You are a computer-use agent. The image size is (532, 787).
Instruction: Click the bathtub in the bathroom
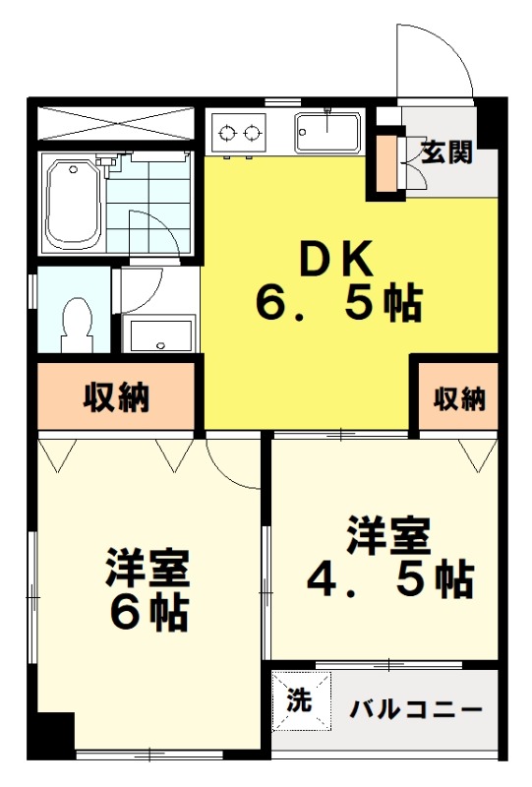[74, 205]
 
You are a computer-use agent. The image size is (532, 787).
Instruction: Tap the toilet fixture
[76, 325]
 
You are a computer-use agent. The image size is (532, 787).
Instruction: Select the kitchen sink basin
[327, 132]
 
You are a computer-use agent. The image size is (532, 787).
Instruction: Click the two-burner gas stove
[239, 133]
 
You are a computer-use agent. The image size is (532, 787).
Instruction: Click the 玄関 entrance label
[446, 151]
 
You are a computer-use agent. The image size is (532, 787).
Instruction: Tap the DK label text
[336, 259]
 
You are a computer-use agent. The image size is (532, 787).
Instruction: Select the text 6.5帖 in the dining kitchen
[339, 303]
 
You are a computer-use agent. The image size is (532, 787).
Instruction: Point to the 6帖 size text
[149, 613]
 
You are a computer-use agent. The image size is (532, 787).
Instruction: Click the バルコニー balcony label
[416, 709]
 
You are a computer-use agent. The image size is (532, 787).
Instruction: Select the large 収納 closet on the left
[116, 396]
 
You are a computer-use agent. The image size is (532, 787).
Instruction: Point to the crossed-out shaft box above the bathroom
[116, 122]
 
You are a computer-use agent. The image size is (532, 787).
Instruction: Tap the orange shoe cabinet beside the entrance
[386, 162]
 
